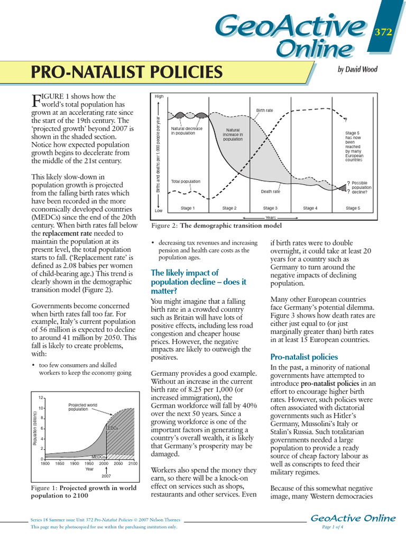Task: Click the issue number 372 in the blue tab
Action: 383,32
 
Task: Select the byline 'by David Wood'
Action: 357,69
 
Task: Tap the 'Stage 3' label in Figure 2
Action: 270,209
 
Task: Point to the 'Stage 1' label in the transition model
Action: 187,209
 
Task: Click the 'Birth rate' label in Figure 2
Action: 264,111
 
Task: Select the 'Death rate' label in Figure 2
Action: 270,192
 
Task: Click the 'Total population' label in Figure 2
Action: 186,182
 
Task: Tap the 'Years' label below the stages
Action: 271,218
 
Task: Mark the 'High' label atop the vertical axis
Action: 159,96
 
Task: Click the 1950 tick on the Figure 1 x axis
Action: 89,463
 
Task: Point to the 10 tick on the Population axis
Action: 41,408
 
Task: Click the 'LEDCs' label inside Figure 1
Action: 113,428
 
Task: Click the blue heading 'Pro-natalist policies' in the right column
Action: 304,357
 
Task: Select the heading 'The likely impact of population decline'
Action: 184,282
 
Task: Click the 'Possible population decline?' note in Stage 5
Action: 361,187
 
